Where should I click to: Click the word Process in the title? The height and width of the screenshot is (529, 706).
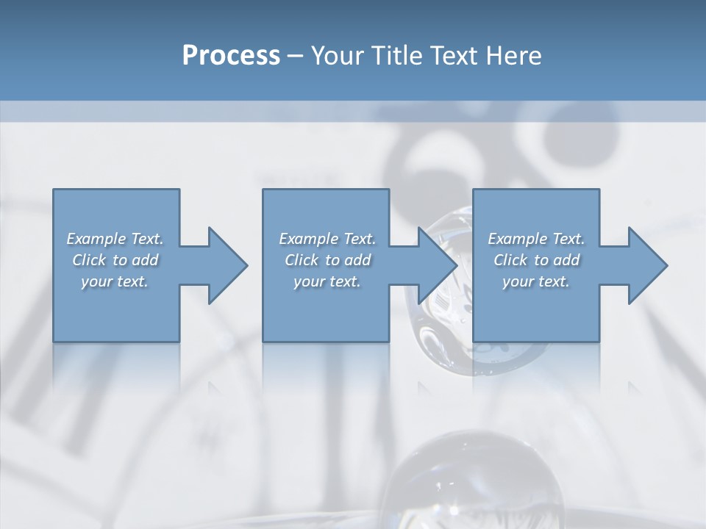point(231,56)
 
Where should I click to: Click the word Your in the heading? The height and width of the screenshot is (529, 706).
point(336,56)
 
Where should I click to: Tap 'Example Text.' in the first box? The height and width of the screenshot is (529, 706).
point(115,239)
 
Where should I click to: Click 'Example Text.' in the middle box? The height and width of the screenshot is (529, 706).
point(327,239)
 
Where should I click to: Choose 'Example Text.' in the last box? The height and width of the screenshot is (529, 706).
point(536,239)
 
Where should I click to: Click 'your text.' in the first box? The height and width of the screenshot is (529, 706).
point(115,281)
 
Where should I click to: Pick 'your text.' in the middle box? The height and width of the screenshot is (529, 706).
point(327,281)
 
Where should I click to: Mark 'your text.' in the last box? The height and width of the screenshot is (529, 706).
point(536,281)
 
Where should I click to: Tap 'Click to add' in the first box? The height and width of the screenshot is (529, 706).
point(115,260)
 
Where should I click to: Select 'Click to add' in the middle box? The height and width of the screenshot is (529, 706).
point(327,260)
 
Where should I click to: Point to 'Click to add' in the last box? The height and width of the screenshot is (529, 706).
point(536,260)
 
